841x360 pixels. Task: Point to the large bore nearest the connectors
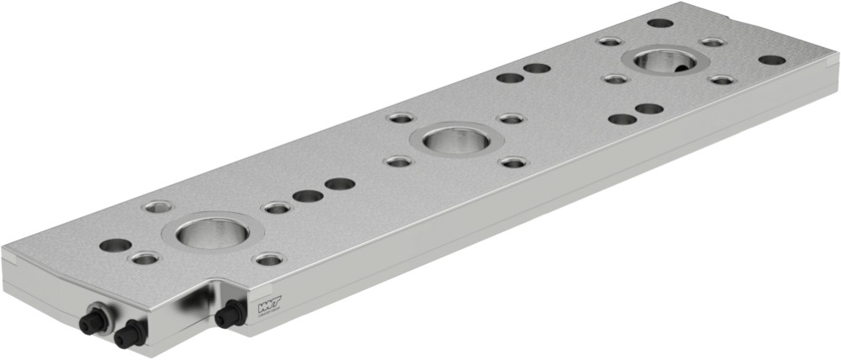coord(212,230)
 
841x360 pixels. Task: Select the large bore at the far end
coord(664,60)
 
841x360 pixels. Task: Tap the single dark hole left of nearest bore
coord(115,246)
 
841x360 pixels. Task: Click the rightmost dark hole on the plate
coord(771,61)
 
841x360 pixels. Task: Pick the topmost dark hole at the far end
coord(660,23)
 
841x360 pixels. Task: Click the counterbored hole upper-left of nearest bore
coord(156,206)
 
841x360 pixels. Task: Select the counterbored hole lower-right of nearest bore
coord(268,259)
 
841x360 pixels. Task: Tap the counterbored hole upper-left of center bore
coord(400,118)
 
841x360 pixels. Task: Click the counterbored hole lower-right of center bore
coord(512,161)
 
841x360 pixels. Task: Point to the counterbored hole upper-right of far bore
coord(712,42)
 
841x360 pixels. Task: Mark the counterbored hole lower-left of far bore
coord(615,79)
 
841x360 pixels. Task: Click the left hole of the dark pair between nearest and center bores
coord(308,196)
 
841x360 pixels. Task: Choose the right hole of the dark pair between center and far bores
coord(537,68)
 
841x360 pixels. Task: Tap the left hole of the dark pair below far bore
coord(622,119)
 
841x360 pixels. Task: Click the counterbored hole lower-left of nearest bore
coord(145,258)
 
